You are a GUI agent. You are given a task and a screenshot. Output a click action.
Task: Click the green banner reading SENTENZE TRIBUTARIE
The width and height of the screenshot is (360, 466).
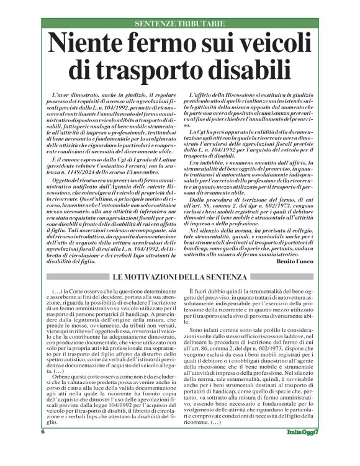180,24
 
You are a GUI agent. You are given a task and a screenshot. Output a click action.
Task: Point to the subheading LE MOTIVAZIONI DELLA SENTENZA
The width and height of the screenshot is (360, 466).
180,275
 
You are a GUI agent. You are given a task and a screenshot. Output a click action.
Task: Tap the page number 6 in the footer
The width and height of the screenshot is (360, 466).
43,448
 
